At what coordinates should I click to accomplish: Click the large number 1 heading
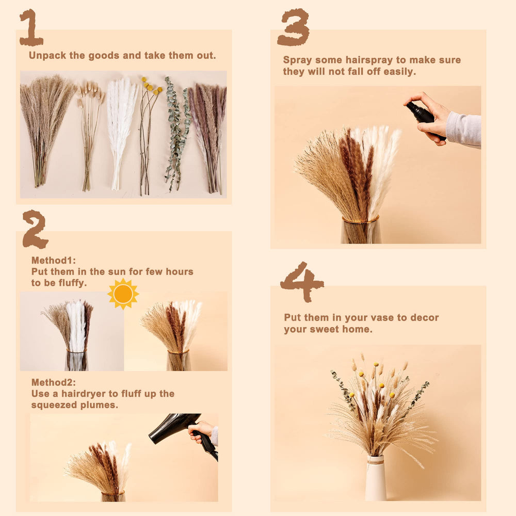[30, 28]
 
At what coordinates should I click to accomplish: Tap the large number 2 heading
[35, 229]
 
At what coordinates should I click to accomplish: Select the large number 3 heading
[293, 27]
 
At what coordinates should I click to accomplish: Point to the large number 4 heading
[301, 282]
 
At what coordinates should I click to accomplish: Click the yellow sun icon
[123, 294]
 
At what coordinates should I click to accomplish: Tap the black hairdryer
[175, 425]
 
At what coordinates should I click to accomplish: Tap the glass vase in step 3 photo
[361, 231]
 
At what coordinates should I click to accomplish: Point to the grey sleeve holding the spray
[463, 128]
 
